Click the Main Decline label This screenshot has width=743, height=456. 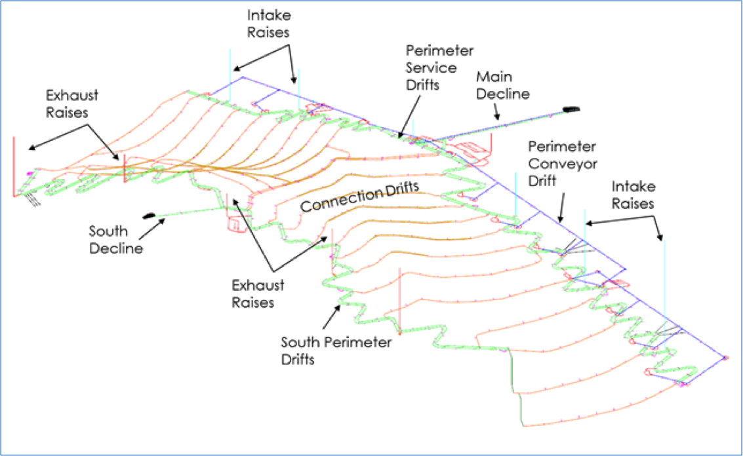tap(502, 85)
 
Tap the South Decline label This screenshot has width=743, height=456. tap(116, 239)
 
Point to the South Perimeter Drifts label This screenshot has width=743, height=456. tap(336, 351)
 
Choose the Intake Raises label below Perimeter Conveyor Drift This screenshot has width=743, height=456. tap(633, 195)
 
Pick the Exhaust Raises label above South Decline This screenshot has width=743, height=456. tap(71, 104)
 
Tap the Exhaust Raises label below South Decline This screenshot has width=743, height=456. tap(258, 294)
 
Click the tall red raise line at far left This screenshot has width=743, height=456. tap(14, 166)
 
